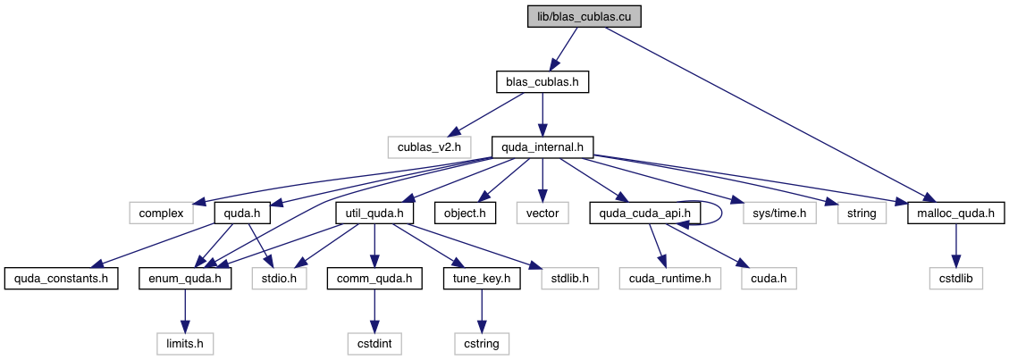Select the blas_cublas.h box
tap(542, 82)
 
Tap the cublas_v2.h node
tap(424, 147)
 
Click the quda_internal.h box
tap(542, 147)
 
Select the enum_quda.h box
tap(185, 278)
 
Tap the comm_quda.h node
tap(375, 278)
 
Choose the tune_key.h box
tap(482, 278)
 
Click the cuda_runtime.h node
tap(670, 278)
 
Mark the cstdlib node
tap(956, 278)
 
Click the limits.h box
tap(185, 342)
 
